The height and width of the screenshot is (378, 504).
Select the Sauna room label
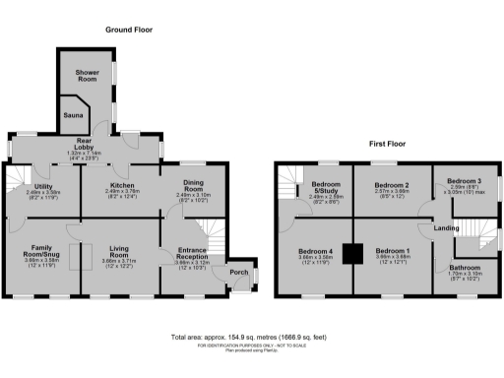pos(74,115)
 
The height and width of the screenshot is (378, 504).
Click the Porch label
pos(237,272)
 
